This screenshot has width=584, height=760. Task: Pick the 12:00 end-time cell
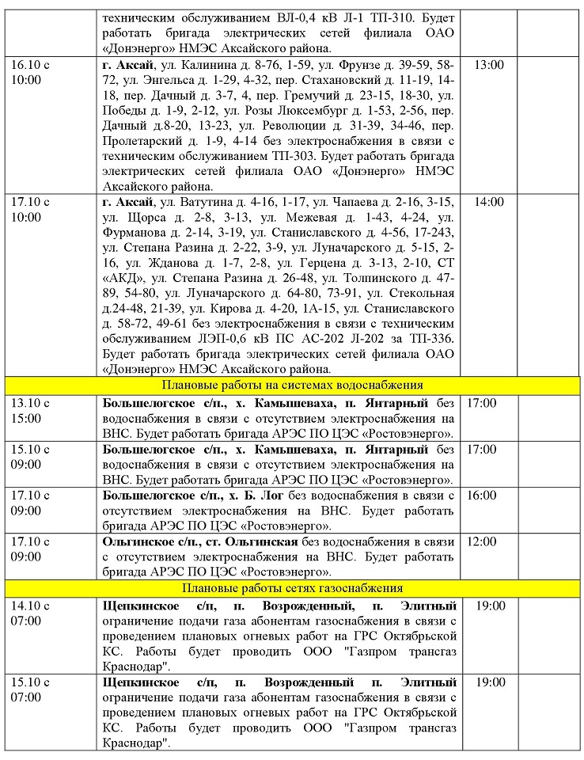(483, 542)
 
